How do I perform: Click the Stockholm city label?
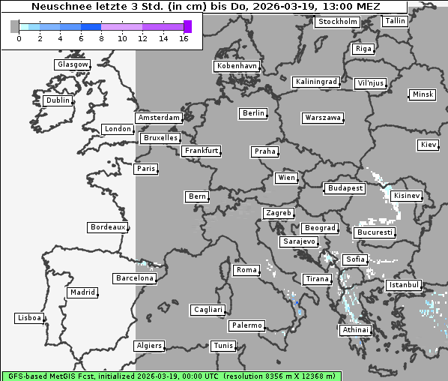point(337,22)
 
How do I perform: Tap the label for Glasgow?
point(73,64)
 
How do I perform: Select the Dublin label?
point(58,100)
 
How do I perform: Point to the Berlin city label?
point(253,113)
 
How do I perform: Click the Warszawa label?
point(323,118)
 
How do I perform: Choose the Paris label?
point(146,169)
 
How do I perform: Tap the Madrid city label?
point(82,292)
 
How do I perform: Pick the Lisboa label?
point(29,318)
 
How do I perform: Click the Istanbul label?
point(404,286)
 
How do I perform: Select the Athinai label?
point(355,330)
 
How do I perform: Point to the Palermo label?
point(246,325)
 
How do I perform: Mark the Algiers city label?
point(148,346)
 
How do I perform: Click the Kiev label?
point(429,144)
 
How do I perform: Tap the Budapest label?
point(345,188)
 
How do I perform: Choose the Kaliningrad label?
point(316,81)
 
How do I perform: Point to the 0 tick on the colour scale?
point(18,37)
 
